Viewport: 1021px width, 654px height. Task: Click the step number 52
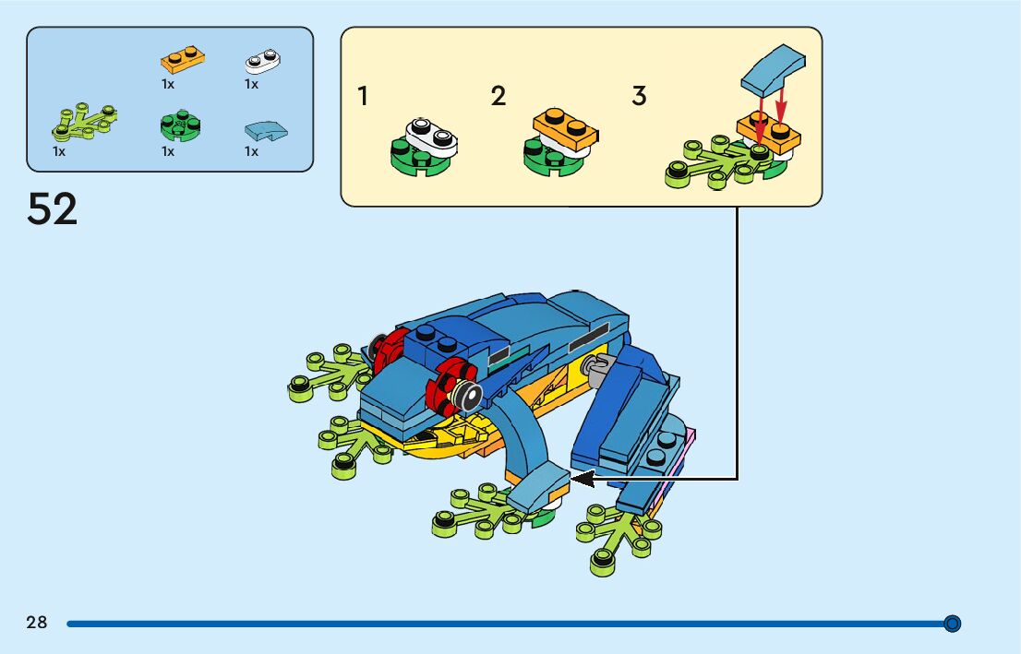[x=53, y=209]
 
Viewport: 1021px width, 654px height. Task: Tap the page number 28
[x=37, y=623]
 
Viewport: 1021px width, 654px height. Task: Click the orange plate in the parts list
[x=183, y=60]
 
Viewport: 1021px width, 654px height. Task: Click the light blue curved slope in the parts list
[x=265, y=131]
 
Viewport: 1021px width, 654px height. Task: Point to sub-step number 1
[x=364, y=96]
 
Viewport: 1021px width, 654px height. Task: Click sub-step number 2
[x=498, y=96]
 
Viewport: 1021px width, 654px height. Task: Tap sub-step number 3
[x=639, y=96]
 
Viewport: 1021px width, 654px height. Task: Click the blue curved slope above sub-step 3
[x=773, y=70]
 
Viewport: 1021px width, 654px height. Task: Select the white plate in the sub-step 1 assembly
[x=430, y=137]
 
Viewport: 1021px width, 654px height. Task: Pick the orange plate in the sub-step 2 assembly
[x=565, y=130]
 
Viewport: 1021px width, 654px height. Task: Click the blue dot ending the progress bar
[x=953, y=624]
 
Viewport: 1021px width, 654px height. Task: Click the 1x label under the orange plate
[x=168, y=84]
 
